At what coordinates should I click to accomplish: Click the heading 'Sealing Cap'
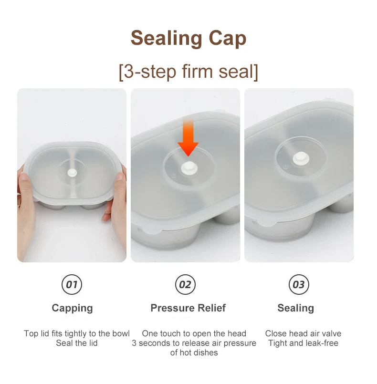pyautogui.click(x=188, y=39)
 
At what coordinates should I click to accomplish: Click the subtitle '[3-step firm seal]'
pyautogui.click(x=188, y=72)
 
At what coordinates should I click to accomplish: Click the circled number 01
pyautogui.click(x=72, y=284)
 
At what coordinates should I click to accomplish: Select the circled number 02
pyautogui.click(x=186, y=284)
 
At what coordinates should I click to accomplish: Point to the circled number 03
pyautogui.click(x=299, y=284)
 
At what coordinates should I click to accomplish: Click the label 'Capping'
pyautogui.click(x=72, y=308)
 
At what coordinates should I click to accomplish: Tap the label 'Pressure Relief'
pyautogui.click(x=188, y=308)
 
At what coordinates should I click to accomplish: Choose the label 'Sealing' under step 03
pyautogui.click(x=296, y=308)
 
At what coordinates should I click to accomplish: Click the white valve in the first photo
pyautogui.click(x=72, y=173)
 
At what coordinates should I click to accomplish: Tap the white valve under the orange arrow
pyautogui.click(x=189, y=168)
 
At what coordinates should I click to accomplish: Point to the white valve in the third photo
pyautogui.click(x=301, y=158)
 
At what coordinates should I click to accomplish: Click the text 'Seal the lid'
pyautogui.click(x=77, y=343)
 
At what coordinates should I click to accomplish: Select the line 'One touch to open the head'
pyautogui.click(x=194, y=333)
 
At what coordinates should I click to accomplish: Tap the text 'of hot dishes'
pyautogui.click(x=194, y=353)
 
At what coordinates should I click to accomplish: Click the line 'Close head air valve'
pyautogui.click(x=303, y=333)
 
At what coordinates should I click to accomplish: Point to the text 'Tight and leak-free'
pyautogui.click(x=303, y=343)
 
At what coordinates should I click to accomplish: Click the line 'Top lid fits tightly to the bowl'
pyautogui.click(x=77, y=333)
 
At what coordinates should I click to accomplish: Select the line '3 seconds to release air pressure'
pyautogui.click(x=194, y=343)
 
